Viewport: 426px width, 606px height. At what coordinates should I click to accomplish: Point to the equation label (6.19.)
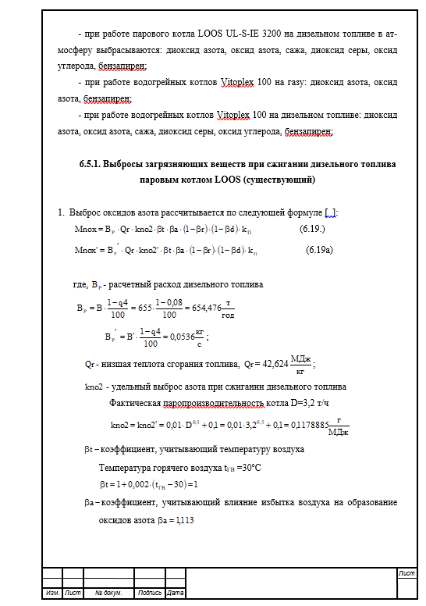(312, 229)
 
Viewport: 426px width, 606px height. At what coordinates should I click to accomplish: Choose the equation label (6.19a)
(318, 251)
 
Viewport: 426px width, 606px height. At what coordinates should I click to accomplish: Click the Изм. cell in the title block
(53, 593)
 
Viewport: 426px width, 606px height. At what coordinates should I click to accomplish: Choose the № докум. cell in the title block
(105, 593)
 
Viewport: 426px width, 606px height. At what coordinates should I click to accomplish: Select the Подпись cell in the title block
(150, 593)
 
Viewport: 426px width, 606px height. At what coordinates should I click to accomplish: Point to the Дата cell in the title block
(176, 593)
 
